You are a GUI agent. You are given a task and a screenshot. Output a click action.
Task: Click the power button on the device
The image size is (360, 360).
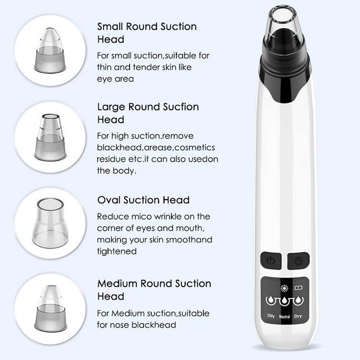tap(271, 261)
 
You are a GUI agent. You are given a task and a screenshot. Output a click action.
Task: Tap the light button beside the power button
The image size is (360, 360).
tap(298, 261)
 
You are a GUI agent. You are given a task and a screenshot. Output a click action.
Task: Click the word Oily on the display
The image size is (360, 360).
tap(271, 316)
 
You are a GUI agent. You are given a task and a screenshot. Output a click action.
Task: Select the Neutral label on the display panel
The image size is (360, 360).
tap(285, 317)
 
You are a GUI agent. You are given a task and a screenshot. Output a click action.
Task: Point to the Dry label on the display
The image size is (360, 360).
tap(298, 316)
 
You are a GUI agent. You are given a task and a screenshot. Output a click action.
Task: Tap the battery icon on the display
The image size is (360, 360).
tap(298, 288)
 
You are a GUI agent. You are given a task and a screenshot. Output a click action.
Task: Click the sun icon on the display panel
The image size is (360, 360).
tap(284, 288)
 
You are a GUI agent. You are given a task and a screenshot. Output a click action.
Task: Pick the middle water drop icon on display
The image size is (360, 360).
tap(285, 300)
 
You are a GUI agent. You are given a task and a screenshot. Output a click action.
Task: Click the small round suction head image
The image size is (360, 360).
tap(50, 50)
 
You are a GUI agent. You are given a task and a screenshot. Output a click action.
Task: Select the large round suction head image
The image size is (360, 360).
tap(50, 137)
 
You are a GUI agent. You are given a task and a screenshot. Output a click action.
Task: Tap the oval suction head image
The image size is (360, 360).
tap(50, 223)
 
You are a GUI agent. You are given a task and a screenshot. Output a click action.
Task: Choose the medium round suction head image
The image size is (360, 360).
tap(50, 308)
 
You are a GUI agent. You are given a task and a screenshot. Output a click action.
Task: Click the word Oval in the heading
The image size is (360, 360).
tap(109, 200)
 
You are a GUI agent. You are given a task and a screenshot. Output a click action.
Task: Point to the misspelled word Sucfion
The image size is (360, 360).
tap(181, 107)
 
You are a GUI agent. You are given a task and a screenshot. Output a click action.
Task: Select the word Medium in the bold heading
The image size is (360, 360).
tap(117, 284)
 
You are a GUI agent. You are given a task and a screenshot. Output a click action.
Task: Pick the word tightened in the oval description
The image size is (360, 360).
tap(117, 252)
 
